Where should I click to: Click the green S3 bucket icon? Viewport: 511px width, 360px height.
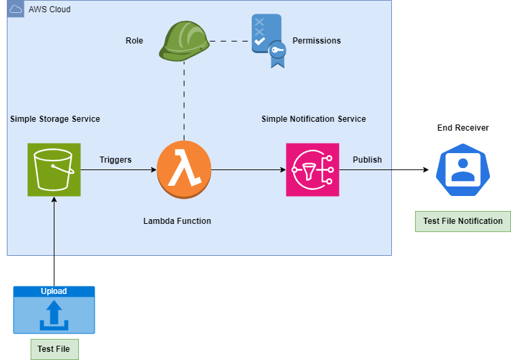[54, 169]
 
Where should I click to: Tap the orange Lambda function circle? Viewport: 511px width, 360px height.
[184, 169]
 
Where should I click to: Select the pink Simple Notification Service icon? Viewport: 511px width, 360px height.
[312, 169]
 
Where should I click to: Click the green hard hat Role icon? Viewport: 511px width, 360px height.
[184, 41]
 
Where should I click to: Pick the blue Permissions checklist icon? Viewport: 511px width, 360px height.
[269, 40]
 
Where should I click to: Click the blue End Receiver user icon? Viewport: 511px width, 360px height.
[463, 169]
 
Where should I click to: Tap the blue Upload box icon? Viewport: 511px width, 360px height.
[54, 310]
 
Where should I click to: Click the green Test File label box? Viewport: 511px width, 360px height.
[54, 349]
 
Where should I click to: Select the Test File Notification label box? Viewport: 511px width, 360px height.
[463, 221]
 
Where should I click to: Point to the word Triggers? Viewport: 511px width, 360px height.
[116, 160]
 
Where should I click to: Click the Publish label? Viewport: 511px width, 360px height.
[367, 160]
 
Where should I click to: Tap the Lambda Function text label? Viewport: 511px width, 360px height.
[178, 221]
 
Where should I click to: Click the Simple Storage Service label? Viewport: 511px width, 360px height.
[55, 119]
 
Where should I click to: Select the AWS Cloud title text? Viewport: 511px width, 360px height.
[50, 10]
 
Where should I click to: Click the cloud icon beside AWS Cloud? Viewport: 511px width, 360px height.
[16, 9]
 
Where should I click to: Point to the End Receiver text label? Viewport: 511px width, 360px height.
[463, 128]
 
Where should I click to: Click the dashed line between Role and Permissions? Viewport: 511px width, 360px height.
[231, 41]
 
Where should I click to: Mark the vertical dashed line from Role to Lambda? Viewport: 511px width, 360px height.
[184, 101]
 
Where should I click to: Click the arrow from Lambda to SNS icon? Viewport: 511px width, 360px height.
[248, 169]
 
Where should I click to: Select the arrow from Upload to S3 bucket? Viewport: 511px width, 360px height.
[54, 242]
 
